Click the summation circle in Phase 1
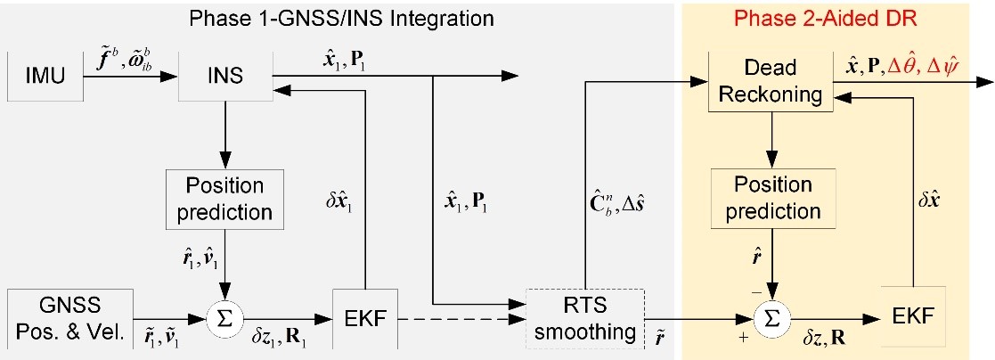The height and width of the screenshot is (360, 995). point(224,316)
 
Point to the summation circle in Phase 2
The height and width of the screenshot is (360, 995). point(770,316)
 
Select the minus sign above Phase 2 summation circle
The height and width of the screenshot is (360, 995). point(755,290)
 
